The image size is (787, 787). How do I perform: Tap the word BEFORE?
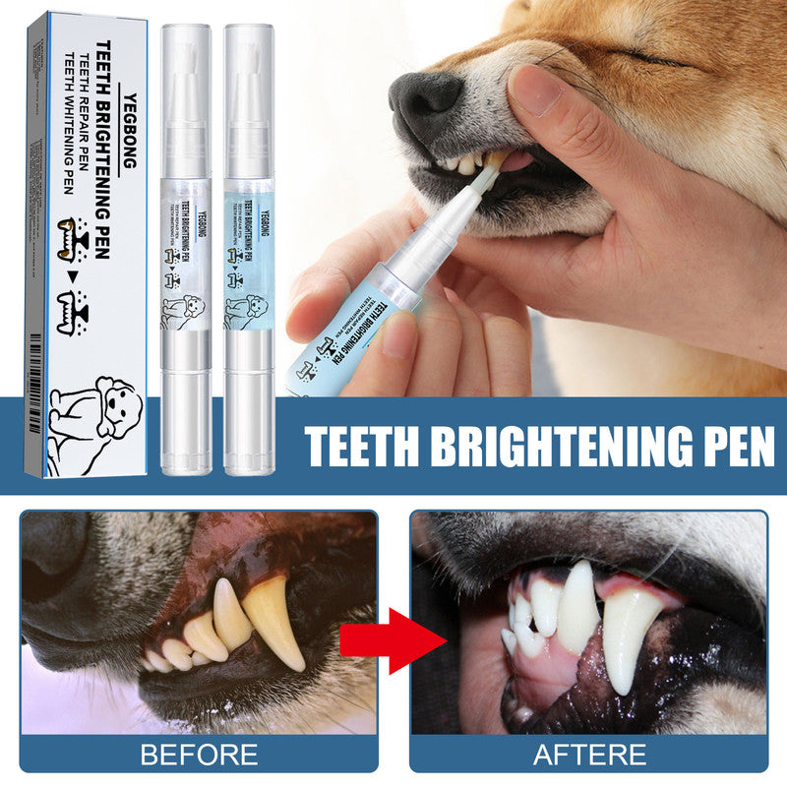pyautogui.click(x=200, y=755)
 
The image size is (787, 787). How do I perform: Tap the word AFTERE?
pyautogui.click(x=589, y=755)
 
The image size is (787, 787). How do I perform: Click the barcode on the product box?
pyautogui.click(x=36, y=370)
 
